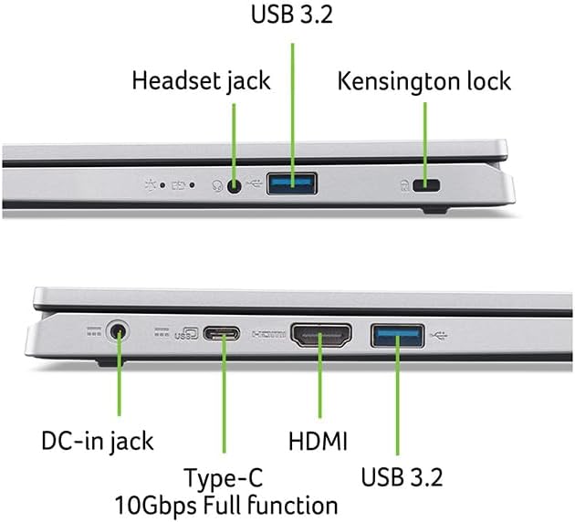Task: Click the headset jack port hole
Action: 235,186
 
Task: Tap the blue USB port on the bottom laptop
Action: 397,335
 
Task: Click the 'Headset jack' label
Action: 201,80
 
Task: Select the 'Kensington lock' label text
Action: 424,80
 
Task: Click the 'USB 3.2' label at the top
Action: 292,16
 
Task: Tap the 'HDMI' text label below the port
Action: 318,442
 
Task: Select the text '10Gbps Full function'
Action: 226,505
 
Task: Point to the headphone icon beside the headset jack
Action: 218,186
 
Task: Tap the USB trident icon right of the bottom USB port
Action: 442,334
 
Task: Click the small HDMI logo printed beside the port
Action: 271,335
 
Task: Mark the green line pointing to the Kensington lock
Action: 425,137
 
